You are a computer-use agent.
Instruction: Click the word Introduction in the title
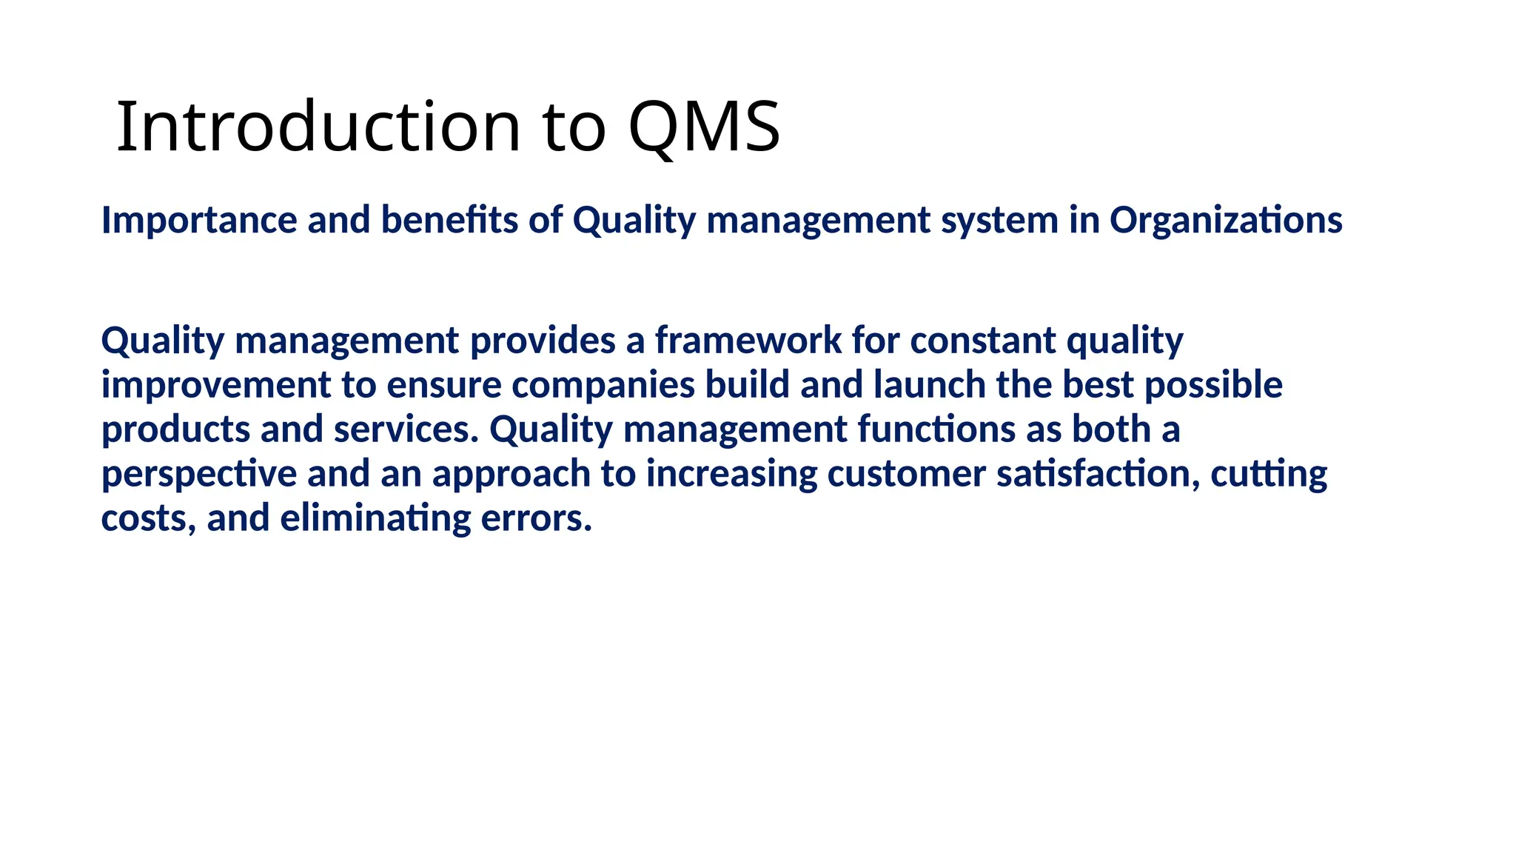coord(318,127)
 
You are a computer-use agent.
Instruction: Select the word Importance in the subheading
coord(198,221)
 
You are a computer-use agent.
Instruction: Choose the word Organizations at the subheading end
coord(1225,221)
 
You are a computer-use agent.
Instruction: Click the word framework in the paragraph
coord(748,341)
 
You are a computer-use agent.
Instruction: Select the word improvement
coord(216,385)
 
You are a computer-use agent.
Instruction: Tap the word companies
coord(603,385)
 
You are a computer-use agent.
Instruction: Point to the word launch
coord(929,385)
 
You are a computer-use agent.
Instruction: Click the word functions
coord(936,429)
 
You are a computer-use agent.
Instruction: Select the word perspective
coord(198,474)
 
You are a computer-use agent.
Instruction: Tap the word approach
coord(511,474)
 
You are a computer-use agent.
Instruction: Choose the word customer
coord(906,474)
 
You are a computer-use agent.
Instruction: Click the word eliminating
coord(375,518)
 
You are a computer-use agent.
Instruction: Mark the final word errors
coord(536,518)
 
